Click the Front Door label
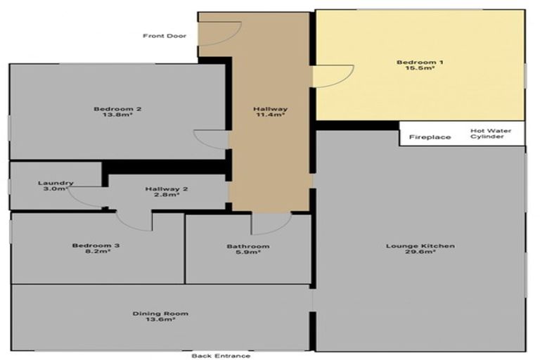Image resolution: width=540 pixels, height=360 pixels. [x=165, y=36]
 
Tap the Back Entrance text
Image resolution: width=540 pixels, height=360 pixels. [x=221, y=356]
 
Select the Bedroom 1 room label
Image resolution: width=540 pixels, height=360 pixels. [x=420, y=63]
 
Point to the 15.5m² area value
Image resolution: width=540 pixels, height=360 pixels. [x=420, y=70]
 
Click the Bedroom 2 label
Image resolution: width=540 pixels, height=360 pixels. [x=118, y=109]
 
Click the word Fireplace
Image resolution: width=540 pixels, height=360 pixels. [x=430, y=137]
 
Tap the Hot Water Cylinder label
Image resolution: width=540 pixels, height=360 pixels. [x=491, y=134]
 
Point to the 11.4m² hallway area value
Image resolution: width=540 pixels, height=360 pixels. [x=270, y=116]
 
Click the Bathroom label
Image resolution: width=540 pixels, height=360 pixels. [x=247, y=246]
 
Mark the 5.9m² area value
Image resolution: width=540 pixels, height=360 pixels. [x=247, y=253]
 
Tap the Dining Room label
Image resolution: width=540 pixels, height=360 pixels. [x=161, y=314]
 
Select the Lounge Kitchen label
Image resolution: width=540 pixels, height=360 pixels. [x=420, y=246]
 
